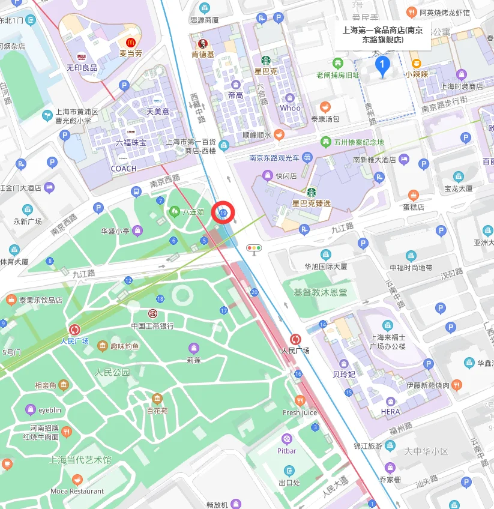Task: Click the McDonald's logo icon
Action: (130, 42)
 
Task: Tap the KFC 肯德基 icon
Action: (203, 44)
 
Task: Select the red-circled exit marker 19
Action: (224, 213)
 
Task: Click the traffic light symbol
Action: (255, 248)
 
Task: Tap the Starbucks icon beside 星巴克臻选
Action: (311, 192)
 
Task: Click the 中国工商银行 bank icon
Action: (152, 313)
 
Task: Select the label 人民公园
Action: (113, 372)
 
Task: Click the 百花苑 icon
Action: (157, 399)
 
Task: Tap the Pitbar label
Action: (287, 451)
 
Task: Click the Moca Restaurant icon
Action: (77, 480)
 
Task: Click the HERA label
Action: (390, 412)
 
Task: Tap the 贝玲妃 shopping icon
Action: (344, 363)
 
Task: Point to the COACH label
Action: (123, 169)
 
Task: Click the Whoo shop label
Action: (290, 108)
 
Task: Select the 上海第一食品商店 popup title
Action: (382, 35)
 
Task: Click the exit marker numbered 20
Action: (255, 292)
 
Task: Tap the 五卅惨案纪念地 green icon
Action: (325, 142)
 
